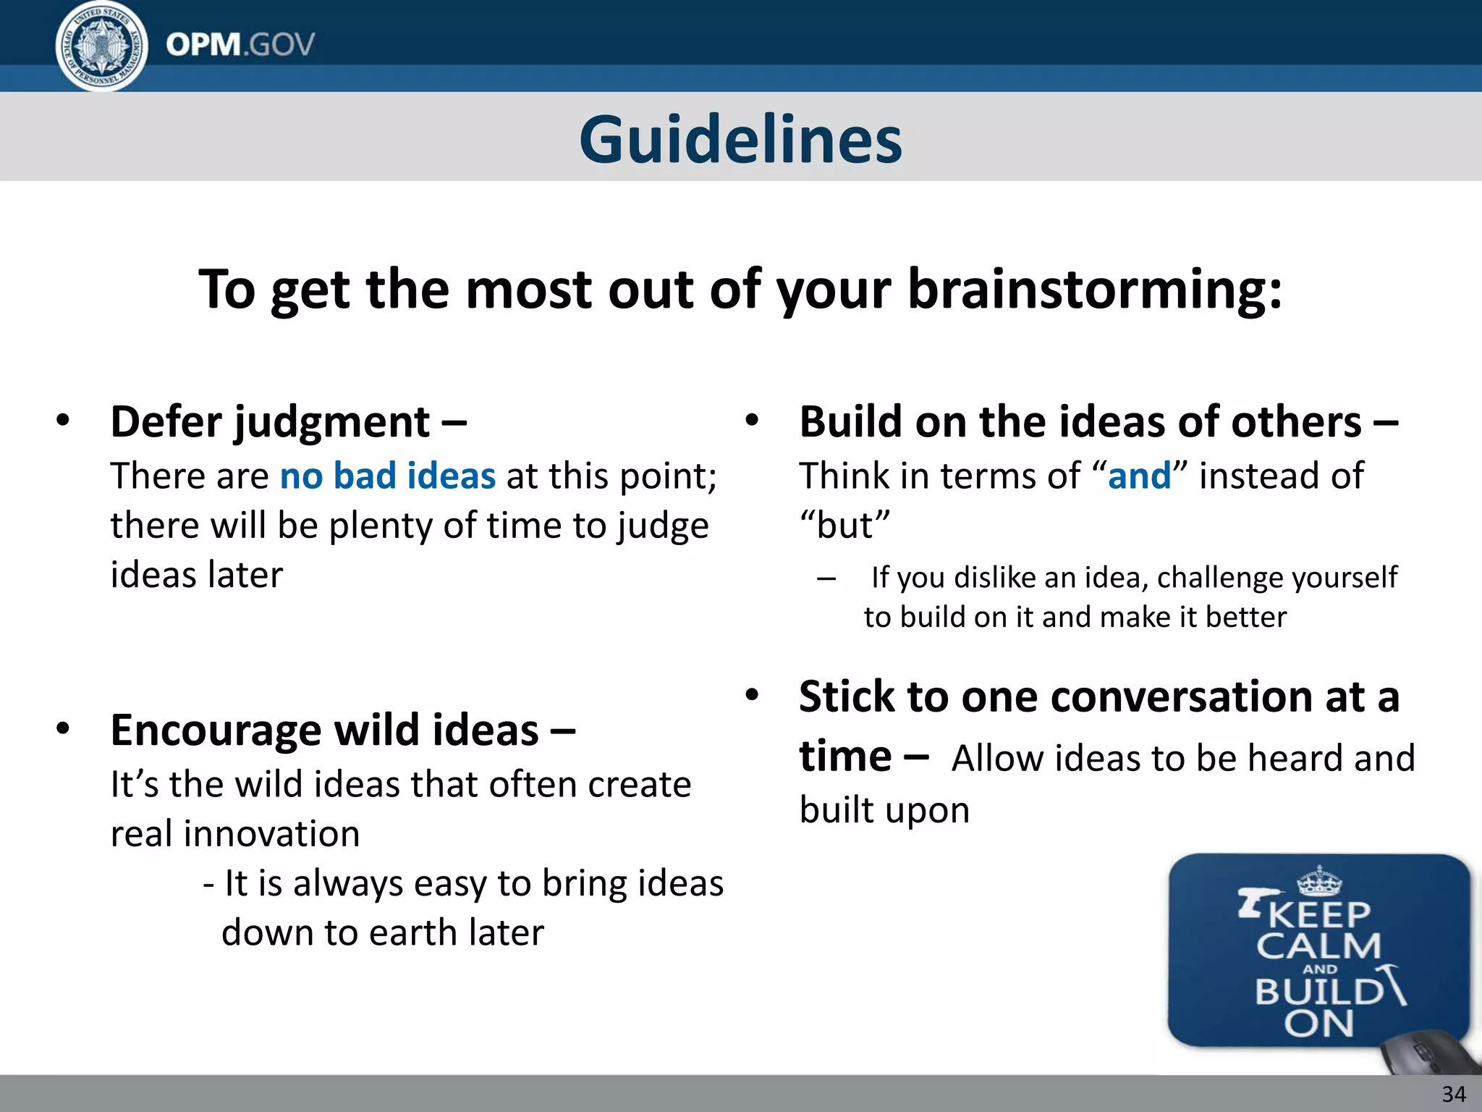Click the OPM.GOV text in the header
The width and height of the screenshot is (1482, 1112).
click(x=240, y=45)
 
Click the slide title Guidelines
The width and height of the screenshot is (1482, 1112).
click(x=740, y=139)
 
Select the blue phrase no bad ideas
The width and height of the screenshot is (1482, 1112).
click(x=388, y=476)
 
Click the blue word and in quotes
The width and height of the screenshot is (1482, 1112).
click(x=1139, y=476)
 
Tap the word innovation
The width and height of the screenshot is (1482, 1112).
click(x=271, y=834)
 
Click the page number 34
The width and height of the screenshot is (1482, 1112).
click(x=1454, y=1094)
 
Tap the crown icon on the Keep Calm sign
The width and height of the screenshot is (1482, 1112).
click(x=1319, y=881)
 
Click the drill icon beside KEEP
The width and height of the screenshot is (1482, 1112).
click(x=1250, y=903)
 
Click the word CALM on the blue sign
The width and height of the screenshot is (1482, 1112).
click(x=1318, y=946)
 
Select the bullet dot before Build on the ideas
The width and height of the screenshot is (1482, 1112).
click(x=752, y=420)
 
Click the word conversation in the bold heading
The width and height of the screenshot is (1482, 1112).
click(x=1182, y=697)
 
